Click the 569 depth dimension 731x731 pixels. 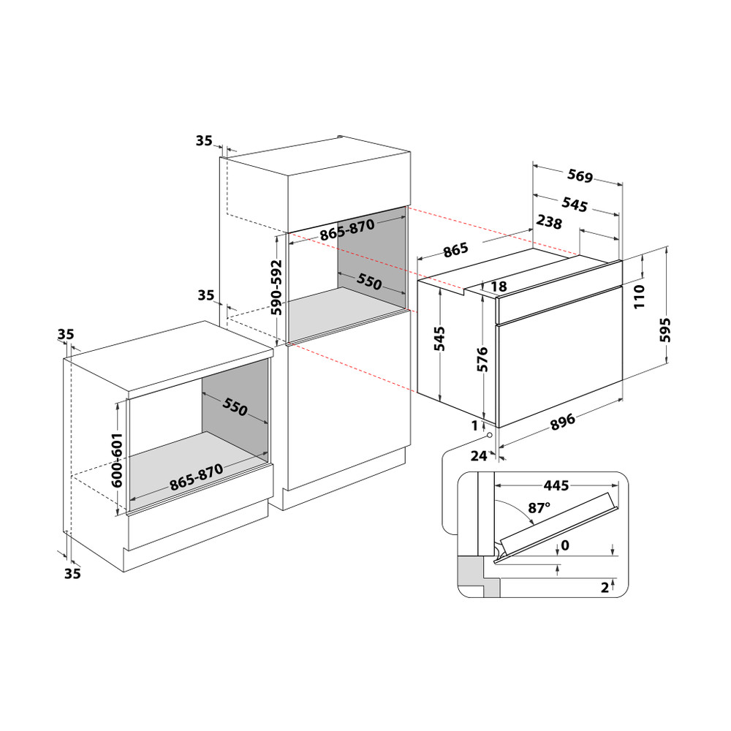[x=579, y=176]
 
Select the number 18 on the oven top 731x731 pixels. [x=499, y=287]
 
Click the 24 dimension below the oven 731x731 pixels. [x=479, y=456]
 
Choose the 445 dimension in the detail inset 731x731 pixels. [x=556, y=485]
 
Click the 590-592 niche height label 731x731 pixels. [x=277, y=287]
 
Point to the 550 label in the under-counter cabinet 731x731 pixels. [x=235, y=409]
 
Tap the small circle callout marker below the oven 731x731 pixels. [x=489, y=433]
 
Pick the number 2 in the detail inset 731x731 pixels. [x=604, y=586]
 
